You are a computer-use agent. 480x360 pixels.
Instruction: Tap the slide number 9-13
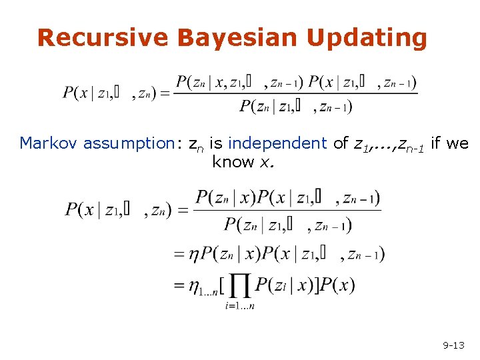pyautogui.click(x=453, y=345)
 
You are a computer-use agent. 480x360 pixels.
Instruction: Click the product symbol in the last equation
pyautogui.click(x=239, y=286)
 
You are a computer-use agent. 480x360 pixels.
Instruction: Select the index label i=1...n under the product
pyautogui.click(x=239, y=306)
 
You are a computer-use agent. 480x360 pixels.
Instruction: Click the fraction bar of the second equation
pyautogui.click(x=287, y=211)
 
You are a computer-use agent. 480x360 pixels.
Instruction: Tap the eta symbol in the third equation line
pyautogui.click(x=193, y=254)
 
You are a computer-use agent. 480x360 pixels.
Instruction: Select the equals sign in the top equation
pyautogui.click(x=165, y=94)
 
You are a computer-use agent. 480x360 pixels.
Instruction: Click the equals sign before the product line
pyautogui.click(x=179, y=285)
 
